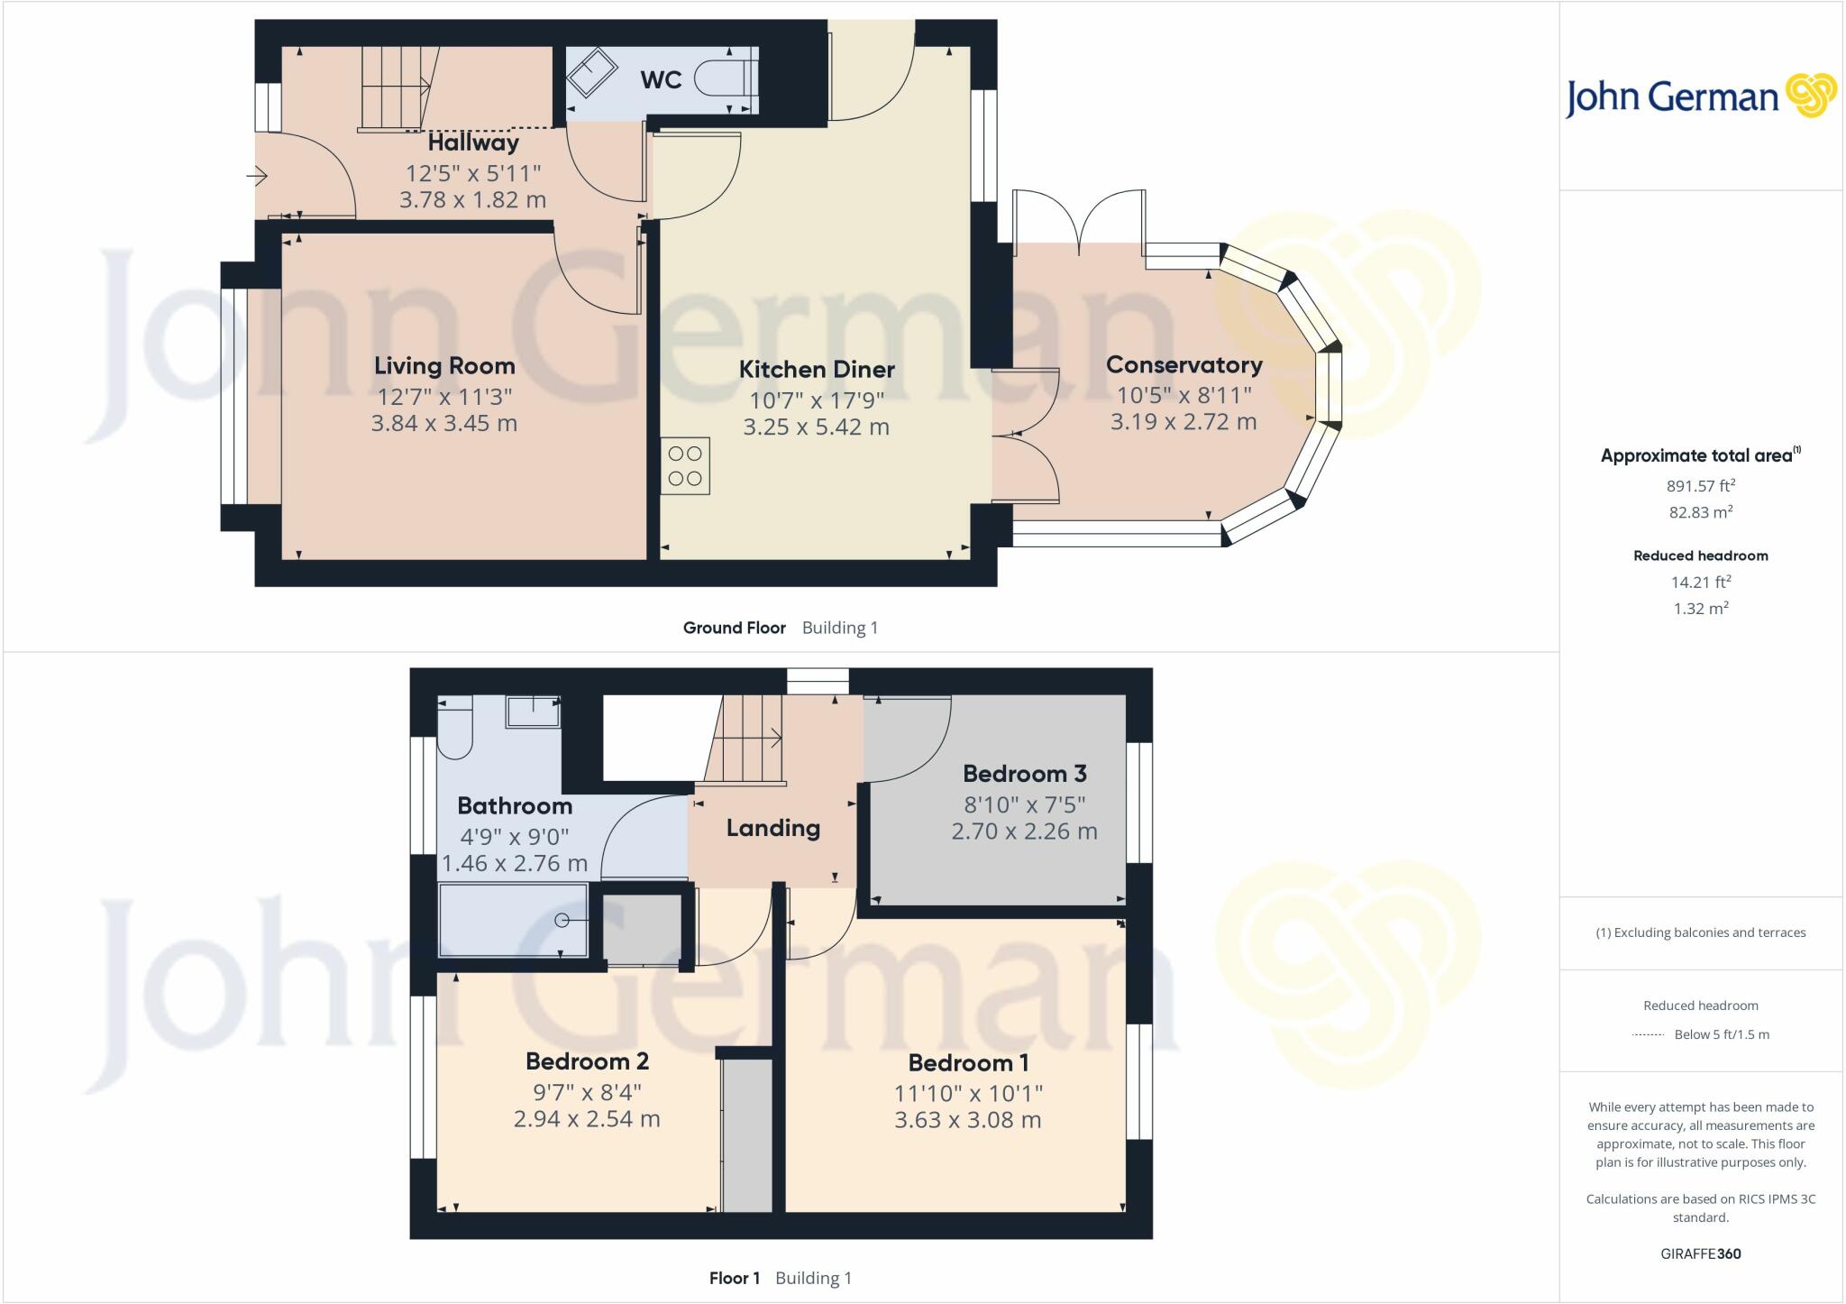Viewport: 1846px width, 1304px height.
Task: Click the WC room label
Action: pyautogui.click(x=661, y=79)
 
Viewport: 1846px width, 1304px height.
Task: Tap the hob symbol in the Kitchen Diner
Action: pyautogui.click(x=685, y=466)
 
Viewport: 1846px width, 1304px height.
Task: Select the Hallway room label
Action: pyautogui.click(x=473, y=142)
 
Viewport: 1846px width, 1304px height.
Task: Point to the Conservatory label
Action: pyautogui.click(x=1183, y=365)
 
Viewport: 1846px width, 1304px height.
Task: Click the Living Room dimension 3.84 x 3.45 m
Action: pyautogui.click(x=444, y=423)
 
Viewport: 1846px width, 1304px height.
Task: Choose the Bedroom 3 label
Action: pyautogui.click(x=1024, y=774)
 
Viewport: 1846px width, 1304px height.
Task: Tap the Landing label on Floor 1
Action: pyautogui.click(x=773, y=828)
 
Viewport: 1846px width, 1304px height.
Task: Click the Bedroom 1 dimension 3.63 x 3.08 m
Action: pyautogui.click(x=967, y=1120)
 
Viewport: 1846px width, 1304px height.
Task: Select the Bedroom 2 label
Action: pyautogui.click(x=587, y=1061)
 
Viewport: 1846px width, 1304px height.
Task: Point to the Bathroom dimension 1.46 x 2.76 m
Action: pyautogui.click(x=515, y=863)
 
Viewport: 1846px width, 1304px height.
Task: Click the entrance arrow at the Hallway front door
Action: pyautogui.click(x=258, y=176)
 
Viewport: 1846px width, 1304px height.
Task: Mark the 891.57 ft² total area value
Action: pyautogui.click(x=1700, y=486)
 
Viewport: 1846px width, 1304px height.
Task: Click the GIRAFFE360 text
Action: pyautogui.click(x=1700, y=1253)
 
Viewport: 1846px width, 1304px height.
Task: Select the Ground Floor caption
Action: pyautogui.click(x=734, y=628)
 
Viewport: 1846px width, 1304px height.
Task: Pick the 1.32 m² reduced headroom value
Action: pyautogui.click(x=1700, y=609)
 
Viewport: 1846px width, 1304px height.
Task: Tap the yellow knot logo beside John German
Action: pyautogui.click(x=1810, y=96)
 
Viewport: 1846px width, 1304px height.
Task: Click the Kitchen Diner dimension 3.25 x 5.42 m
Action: pyautogui.click(x=816, y=427)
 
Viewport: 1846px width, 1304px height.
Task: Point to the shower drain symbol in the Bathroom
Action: pyautogui.click(x=562, y=920)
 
